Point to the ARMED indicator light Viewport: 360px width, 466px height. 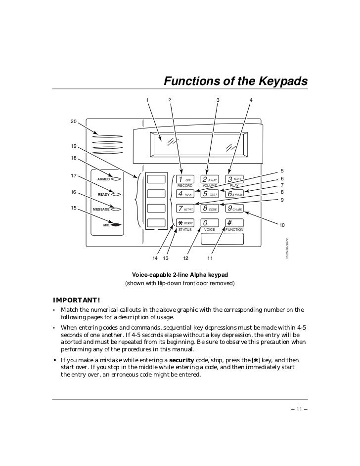(x=117, y=179)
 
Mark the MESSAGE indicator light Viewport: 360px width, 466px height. (x=117, y=210)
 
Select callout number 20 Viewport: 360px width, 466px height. (x=73, y=122)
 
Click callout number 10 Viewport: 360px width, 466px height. (x=282, y=225)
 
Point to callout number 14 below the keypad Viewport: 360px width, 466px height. (x=155, y=258)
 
